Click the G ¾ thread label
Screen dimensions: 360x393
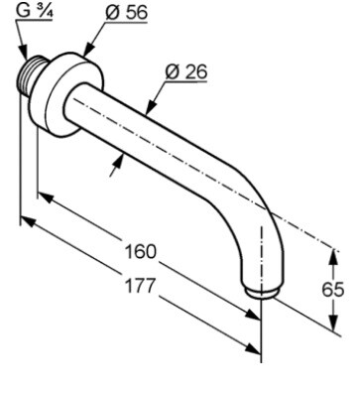coord(35,11)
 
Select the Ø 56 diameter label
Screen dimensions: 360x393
coord(126,13)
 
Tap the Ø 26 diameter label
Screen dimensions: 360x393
coord(186,71)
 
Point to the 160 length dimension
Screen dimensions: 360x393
coord(140,252)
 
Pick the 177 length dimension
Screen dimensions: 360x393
coord(140,286)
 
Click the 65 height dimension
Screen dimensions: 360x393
coord(333,290)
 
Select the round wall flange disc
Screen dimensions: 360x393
coord(74,94)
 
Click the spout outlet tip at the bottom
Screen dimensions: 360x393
coord(262,293)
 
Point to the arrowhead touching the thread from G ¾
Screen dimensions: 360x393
coord(23,53)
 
